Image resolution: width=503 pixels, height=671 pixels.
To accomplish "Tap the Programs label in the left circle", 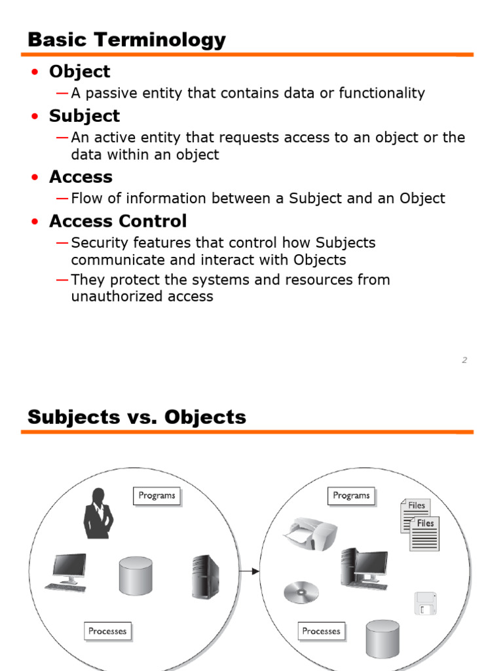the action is (157, 496).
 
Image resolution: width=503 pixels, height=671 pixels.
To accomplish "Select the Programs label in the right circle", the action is (351, 496).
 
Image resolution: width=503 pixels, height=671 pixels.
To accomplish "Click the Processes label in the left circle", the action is (108, 631).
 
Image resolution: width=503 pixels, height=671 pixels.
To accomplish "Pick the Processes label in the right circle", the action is (321, 631).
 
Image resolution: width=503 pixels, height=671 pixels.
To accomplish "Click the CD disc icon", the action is (301, 592).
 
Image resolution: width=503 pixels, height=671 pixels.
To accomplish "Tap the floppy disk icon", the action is (426, 604).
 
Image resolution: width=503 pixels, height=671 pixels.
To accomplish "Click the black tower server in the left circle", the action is (205, 577).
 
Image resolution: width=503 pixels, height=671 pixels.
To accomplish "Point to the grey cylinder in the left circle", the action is (136, 577).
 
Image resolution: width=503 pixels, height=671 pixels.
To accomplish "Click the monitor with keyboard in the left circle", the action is (67, 573).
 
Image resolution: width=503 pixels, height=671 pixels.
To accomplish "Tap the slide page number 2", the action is (464, 360).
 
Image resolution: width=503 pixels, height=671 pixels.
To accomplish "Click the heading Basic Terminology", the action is (126, 40).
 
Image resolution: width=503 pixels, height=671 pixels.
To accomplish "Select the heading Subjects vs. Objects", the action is (137, 417).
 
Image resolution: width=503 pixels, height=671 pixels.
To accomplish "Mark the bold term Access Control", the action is (118, 221).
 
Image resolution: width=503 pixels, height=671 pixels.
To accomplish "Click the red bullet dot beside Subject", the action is (35, 116).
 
